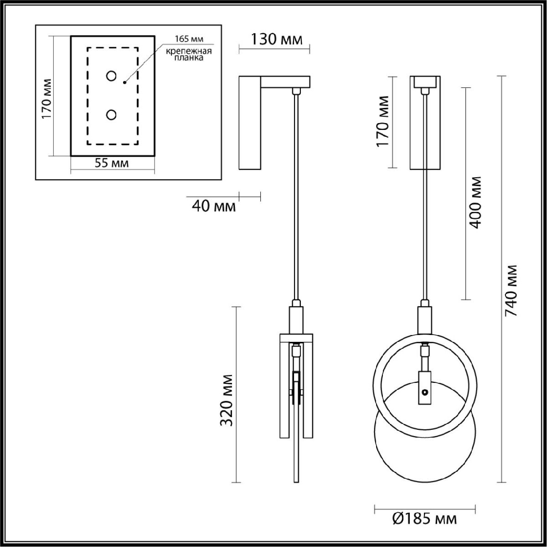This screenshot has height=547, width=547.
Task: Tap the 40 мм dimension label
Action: pyautogui.click(x=214, y=206)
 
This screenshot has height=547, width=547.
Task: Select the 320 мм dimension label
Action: pyautogui.click(x=227, y=400)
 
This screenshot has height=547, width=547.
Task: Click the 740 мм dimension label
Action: pyautogui.click(x=512, y=290)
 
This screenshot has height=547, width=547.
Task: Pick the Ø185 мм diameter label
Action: pyautogui.click(x=424, y=518)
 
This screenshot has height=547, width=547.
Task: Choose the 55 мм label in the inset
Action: pyautogui.click(x=112, y=163)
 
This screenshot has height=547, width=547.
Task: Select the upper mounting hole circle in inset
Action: pyautogui.click(x=111, y=76)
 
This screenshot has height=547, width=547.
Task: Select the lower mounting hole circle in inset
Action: pyautogui.click(x=111, y=115)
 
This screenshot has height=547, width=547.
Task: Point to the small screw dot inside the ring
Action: pyautogui.click(x=425, y=392)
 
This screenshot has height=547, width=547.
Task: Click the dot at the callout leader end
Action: pyautogui.click(x=124, y=83)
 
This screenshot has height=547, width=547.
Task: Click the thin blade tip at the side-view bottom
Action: pyautogui.click(x=297, y=474)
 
